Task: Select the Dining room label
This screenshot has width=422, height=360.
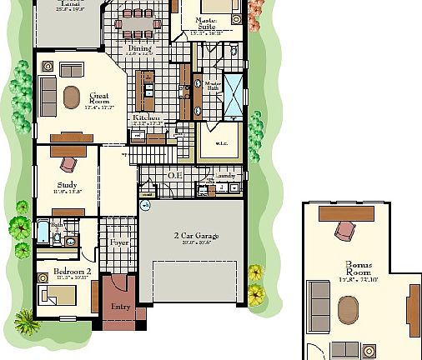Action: [139, 49]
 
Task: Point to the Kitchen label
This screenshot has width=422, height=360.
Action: [147, 119]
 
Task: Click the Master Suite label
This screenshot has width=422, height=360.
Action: [207, 22]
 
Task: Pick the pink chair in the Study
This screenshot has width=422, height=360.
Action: [68, 163]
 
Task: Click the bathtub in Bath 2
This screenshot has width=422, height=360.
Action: [42, 231]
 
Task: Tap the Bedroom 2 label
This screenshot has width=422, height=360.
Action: [71, 272]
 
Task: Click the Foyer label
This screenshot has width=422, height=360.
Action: [120, 243]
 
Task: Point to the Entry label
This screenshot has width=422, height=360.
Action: [121, 307]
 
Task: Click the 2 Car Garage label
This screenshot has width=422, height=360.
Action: [193, 237]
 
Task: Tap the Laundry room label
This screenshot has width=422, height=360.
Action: [227, 176]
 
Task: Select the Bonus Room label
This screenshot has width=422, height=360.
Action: [359, 269]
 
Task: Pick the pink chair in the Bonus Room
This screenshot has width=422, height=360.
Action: [344, 229]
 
